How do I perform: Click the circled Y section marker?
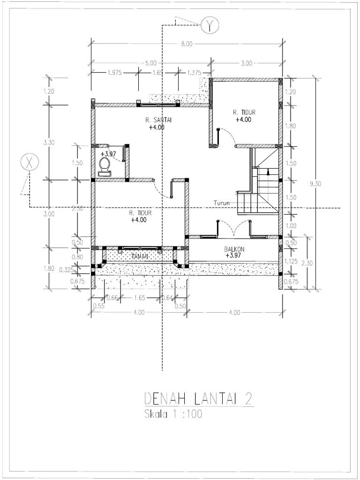pyautogui.click(x=208, y=26)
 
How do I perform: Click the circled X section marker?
pyautogui.click(x=29, y=164)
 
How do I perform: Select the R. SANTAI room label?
pyautogui.click(x=158, y=120)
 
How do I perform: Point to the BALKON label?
pyautogui.click(x=233, y=249)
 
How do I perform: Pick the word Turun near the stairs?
pyautogui.click(x=222, y=203)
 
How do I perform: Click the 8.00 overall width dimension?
pyautogui.click(x=186, y=45)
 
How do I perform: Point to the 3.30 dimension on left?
pyautogui.click(x=49, y=142)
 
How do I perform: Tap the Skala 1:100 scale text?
pyautogui.click(x=172, y=415)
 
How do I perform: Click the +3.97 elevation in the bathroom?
pyautogui.click(x=108, y=153)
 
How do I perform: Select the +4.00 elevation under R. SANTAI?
pyautogui.click(x=157, y=127)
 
